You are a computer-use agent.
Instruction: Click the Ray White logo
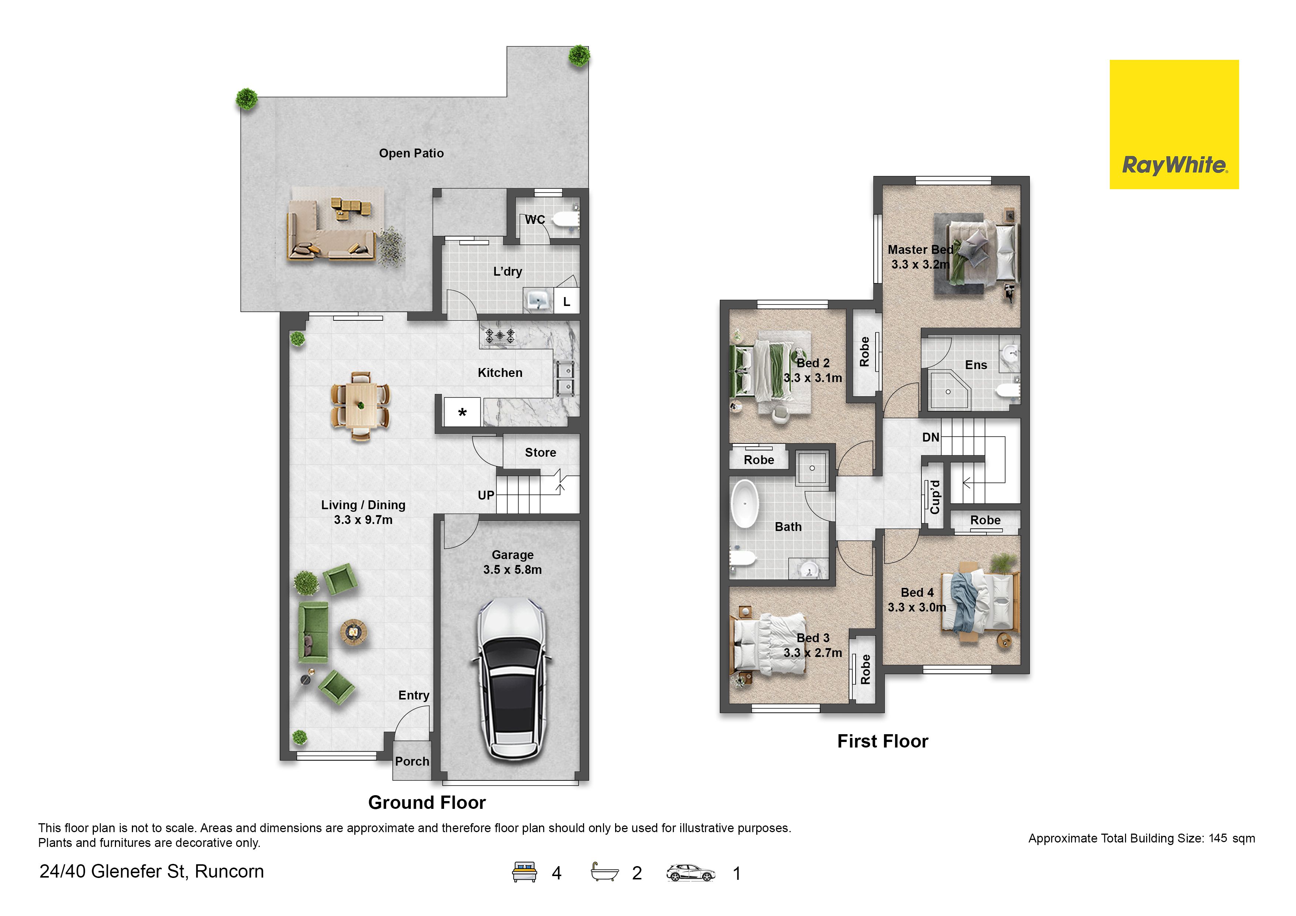[1174, 124]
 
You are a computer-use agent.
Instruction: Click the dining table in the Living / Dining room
[361, 406]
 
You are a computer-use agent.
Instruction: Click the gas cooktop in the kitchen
[500, 336]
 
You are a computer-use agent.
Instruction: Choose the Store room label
[540, 453]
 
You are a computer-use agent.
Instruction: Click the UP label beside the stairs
[486, 496]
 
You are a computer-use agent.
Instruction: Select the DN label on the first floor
[931, 437]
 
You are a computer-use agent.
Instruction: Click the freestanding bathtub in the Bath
[745, 504]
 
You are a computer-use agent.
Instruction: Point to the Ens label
[976, 365]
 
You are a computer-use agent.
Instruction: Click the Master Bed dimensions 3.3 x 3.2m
[921, 264]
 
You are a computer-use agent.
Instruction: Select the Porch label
[412, 761]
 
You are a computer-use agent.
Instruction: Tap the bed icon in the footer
[524, 872]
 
